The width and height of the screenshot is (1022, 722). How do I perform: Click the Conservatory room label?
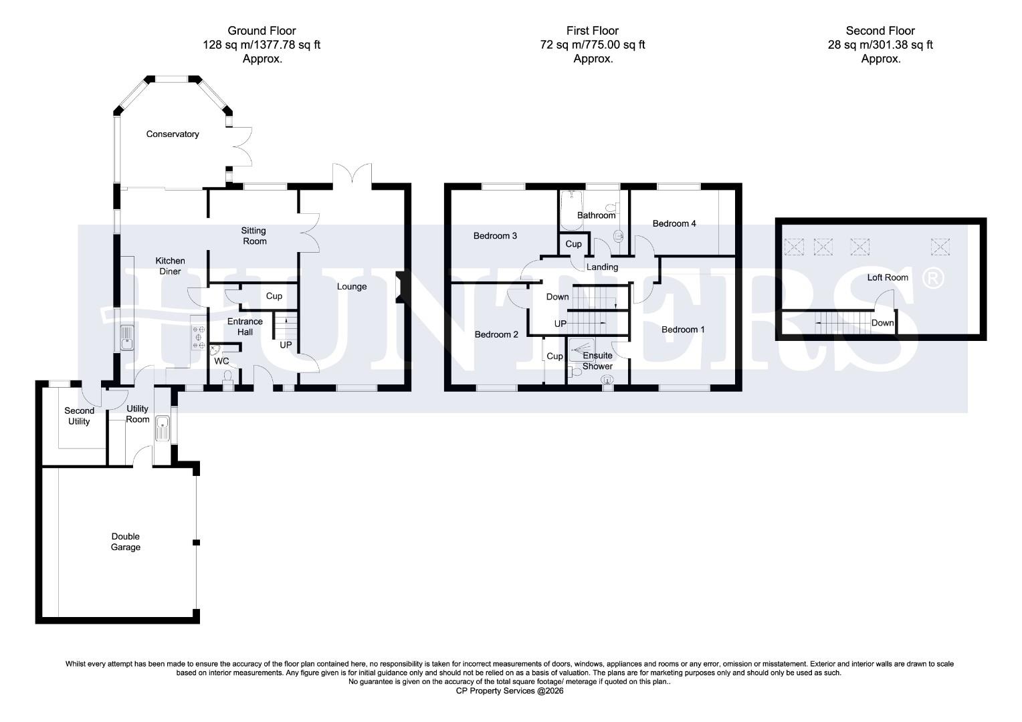[x=173, y=134]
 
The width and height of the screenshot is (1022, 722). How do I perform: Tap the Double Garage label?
[x=126, y=541]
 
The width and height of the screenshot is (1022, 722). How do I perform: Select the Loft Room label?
[x=888, y=277]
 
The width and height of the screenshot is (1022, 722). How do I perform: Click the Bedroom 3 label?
[x=495, y=235]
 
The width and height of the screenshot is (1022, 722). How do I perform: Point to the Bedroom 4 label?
[x=674, y=223]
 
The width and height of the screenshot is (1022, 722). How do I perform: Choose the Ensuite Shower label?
[x=597, y=361]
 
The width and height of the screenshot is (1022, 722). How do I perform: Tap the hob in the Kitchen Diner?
[x=198, y=338]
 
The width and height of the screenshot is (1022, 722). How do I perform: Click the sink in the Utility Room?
[x=162, y=429]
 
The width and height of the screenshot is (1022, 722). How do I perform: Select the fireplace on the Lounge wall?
[x=399, y=287]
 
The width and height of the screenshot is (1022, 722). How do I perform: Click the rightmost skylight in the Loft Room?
[x=940, y=247]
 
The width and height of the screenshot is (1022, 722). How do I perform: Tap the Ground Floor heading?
[x=262, y=31]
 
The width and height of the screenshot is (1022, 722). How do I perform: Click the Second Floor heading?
[x=880, y=31]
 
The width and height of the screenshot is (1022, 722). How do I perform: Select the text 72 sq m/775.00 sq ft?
[x=593, y=45]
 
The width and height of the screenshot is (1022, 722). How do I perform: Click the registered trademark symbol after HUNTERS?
[x=933, y=277]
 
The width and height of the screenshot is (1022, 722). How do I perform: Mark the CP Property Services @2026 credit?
[x=510, y=691]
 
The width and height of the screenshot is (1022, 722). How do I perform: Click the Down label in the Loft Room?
[x=882, y=323]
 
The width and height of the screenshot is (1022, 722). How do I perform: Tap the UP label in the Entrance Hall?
[x=286, y=345]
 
